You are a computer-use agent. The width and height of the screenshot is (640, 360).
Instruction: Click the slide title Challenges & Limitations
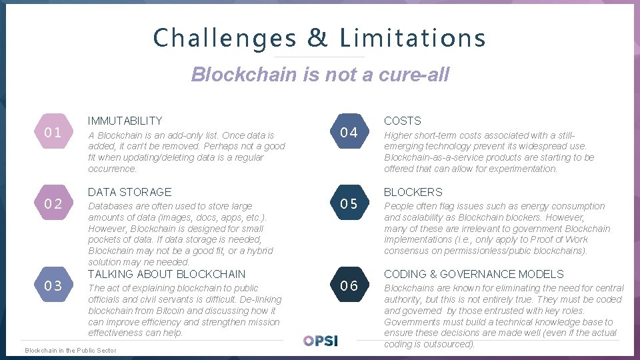coord(319,38)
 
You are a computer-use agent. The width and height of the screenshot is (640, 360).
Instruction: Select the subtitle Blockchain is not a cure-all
coord(320,74)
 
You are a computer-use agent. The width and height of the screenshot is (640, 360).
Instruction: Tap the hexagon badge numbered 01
coord(53,132)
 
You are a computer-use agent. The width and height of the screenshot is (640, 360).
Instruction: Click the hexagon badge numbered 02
coord(53,203)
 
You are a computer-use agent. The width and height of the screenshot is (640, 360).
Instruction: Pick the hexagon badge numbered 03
coord(53,286)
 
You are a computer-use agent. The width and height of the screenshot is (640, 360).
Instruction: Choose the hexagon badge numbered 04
coord(349,132)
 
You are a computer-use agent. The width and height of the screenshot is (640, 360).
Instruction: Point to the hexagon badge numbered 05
coord(349,203)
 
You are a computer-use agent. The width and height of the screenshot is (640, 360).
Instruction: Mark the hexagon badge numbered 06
coord(349,286)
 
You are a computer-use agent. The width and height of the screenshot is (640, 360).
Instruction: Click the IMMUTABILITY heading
coord(125,121)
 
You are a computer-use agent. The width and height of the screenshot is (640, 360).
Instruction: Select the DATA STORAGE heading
coord(129,192)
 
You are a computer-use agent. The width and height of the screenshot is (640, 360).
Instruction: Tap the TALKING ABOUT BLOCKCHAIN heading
coord(167,274)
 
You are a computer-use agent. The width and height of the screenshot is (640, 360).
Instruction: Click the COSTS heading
coord(403,121)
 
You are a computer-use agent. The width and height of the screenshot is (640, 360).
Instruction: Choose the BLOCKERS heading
coord(413,192)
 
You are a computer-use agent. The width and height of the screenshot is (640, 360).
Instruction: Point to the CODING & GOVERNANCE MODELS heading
coord(473,274)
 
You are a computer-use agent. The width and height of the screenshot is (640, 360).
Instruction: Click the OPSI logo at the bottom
coord(321,340)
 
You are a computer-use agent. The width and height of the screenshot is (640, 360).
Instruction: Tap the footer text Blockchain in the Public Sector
coord(70,350)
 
